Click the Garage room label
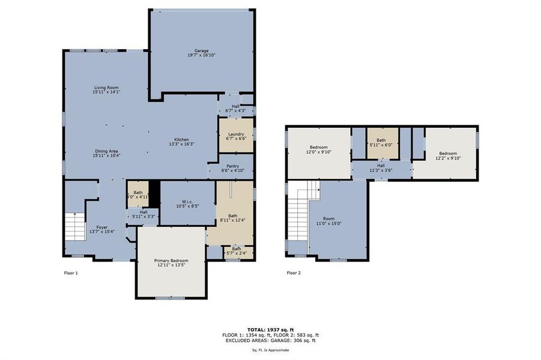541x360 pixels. coord(201,52)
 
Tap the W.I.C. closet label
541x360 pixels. coord(188,203)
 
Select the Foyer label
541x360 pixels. coord(101,227)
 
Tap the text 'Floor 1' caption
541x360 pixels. coord(71,273)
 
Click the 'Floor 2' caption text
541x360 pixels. coord(294,273)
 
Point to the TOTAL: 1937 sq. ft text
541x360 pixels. coord(270,330)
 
